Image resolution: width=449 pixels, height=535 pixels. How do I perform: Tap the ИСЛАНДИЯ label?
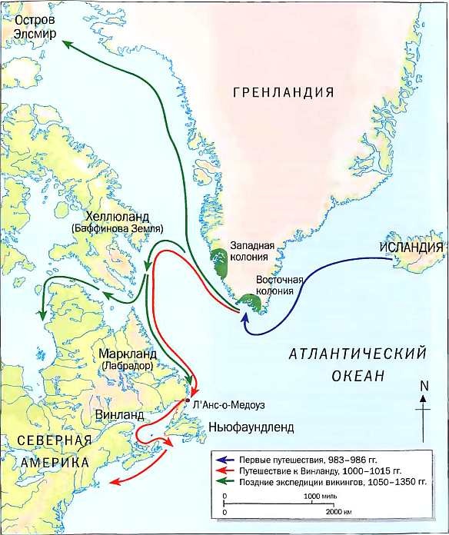coord(410,248)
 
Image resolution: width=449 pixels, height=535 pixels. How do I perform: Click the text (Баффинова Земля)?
coord(115,229)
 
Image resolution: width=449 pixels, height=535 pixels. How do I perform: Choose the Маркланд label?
coord(127,354)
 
